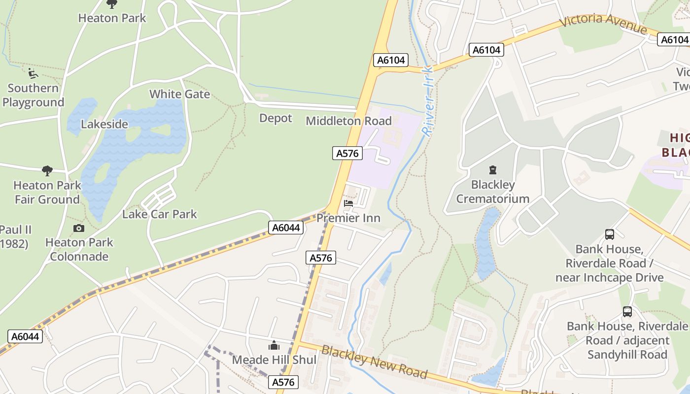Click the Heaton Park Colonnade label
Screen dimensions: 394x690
[x=79, y=249]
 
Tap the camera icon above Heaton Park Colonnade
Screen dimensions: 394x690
[x=78, y=228]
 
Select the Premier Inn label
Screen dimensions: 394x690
[x=348, y=218]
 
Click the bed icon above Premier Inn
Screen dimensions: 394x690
[x=348, y=203]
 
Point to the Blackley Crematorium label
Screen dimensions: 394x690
[x=492, y=192]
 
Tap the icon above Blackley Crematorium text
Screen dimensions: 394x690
[x=492, y=170]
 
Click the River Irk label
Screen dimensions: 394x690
[x=428, y=101]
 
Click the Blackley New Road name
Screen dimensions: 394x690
[x=374, y=362]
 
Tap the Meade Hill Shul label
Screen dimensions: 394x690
[x=274, y=360]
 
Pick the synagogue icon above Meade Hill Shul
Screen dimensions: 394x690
[x=274, y=346]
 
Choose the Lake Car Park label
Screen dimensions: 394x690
[x=159, y=214]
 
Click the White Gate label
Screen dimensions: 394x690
[x=179, y=94]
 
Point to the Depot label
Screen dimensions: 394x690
[x=276, y=118]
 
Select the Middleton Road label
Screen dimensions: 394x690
[x=348, y=121]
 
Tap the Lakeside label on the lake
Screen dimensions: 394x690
[x=104, y=124]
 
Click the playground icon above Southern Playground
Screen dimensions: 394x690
[x=33, y=74]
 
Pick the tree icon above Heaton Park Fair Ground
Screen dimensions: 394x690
[x=47, y=171]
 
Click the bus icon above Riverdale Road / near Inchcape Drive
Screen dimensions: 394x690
[x=609, y=234]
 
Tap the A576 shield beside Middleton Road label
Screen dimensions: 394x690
[x=347, y=153]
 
